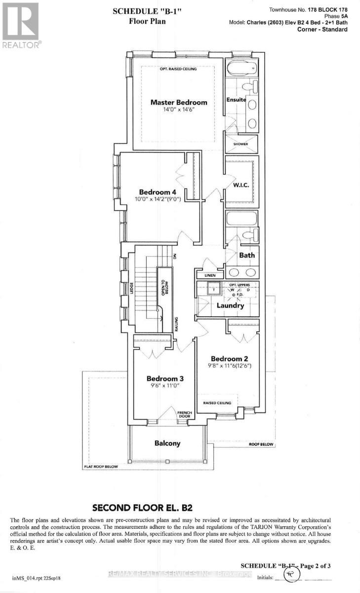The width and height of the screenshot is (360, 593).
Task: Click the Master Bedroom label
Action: click(x=179, y=102)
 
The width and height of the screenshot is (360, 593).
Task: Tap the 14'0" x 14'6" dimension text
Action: click(x=179, y=111)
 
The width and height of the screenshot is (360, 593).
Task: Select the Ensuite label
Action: click(x=236, y=100)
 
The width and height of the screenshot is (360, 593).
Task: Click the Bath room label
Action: click(x=247, y=255)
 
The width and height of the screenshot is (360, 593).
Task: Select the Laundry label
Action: click(x=230, y=305)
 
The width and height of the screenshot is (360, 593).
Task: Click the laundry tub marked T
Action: click(x=213, y=286)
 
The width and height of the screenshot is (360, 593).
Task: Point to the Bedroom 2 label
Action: click(x=229, y=358)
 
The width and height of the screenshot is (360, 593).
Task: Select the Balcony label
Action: click(x=166, y=443)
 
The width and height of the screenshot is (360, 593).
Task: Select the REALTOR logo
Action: click(x=20, y=24)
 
